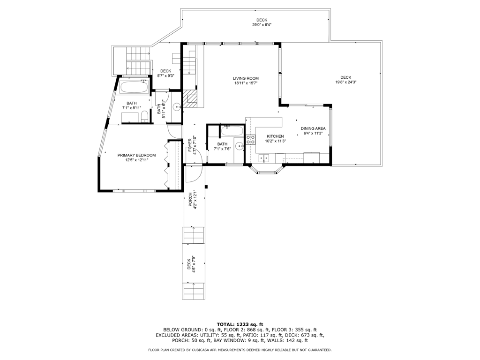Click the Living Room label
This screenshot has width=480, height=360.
[x=246, y=78]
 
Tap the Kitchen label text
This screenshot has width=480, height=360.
[x=275, y=136]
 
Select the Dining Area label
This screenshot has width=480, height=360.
[x=313, y=128]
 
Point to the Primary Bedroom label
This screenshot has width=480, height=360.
[x=136, y=155]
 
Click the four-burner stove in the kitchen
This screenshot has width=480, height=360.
[x=251, y=140]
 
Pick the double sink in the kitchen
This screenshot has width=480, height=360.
[x=264, y=158]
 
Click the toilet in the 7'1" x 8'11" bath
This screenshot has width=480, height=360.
[x=145, y=117]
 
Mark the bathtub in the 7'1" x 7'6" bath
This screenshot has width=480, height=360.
[x=232, y=131]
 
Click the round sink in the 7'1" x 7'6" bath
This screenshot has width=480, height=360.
[x=239, y=146]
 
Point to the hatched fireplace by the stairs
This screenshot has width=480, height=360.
[x=190, y=98]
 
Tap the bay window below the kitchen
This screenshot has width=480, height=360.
[x=266, y=169]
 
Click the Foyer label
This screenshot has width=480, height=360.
[x=190, y=145]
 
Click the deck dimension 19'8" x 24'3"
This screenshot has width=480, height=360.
[x=345, y=82]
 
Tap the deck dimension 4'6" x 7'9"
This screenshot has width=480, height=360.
[x=194, y=264]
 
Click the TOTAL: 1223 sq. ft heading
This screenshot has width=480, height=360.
[x=240, y=324]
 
